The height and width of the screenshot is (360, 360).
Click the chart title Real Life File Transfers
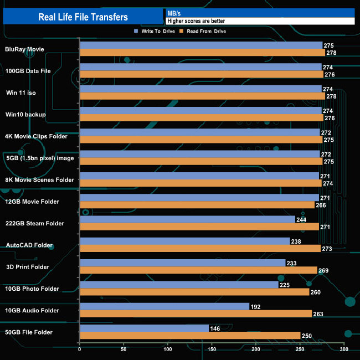(x=83, y=17)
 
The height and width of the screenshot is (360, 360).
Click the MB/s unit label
(x=174, y=13)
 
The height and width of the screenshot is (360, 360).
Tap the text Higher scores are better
(x=196, y=21)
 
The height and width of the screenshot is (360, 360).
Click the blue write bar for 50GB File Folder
(x=145, y=328)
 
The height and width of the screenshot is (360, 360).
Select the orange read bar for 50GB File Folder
(x=190, y=336)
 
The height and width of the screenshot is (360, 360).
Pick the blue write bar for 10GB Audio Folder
(x=164, y=306)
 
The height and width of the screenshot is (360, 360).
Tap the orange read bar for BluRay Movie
(x=202, y=53)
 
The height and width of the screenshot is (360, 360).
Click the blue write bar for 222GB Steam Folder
(x=187, y=219)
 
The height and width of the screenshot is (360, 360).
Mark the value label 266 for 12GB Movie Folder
(x=321, y=205)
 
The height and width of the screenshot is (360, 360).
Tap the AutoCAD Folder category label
(x=29, y=245)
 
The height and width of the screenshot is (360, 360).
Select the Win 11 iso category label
(x=21, y=92)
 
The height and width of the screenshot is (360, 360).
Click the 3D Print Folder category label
(x=28, y=267)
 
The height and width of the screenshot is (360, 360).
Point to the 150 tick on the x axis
(x=212, y=350)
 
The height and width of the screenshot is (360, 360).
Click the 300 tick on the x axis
(x=344, y=350)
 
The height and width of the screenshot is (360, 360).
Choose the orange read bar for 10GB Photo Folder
(x=194, y=292)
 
